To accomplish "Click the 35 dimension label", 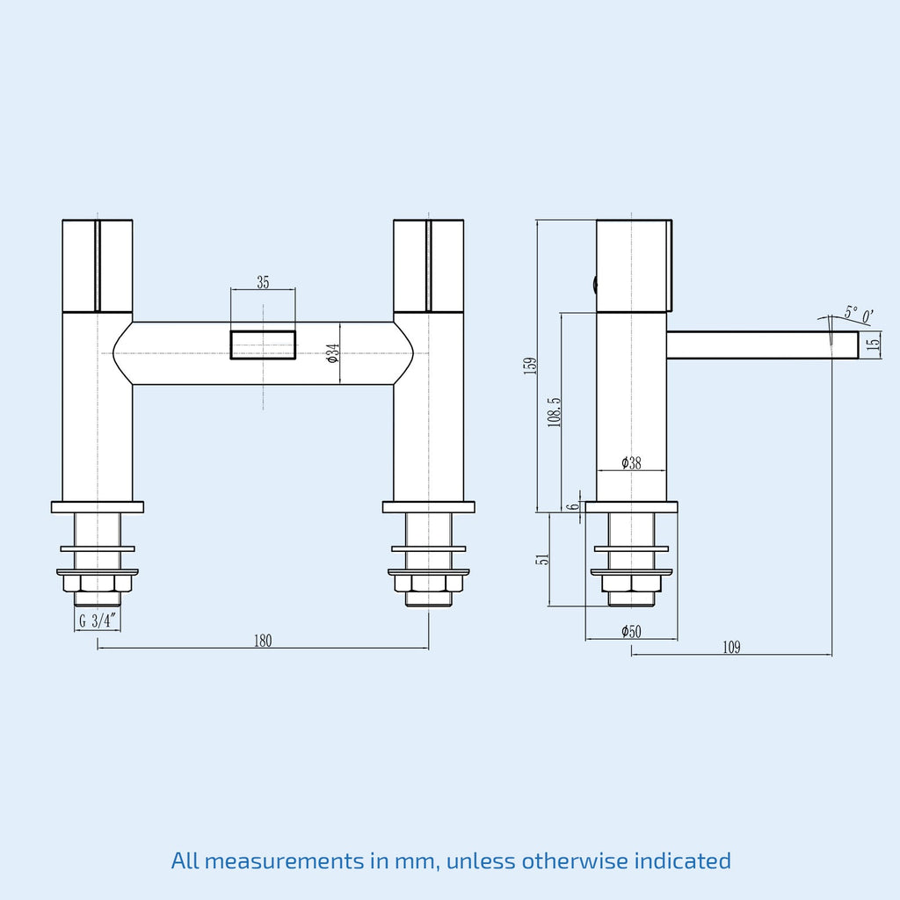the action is (x=263, y=282).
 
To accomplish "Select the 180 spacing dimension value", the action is (x=263, y=641).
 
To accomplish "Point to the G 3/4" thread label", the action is (x=98, y=621).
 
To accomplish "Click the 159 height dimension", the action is (x=530, y=366).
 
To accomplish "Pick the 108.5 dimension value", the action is (x=554, y=412).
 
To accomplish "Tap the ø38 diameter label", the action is (x=631, y=462).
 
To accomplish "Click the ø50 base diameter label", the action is (x=631, y=631).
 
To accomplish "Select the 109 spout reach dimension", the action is (x=731, y=648).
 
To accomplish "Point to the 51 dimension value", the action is (x=542, y=558).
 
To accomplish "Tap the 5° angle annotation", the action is (x=851, y=313).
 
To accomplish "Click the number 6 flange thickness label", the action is (x=572, y=507).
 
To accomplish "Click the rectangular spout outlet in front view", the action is (x=263, y=345).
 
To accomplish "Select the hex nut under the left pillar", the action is (x=98, y=584).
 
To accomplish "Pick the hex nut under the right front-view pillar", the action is (x=429, y=584).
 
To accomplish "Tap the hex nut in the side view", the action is (x=631, y=584).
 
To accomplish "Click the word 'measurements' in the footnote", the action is (x=284, y=861).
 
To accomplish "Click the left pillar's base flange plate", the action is (x=98, y=507).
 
